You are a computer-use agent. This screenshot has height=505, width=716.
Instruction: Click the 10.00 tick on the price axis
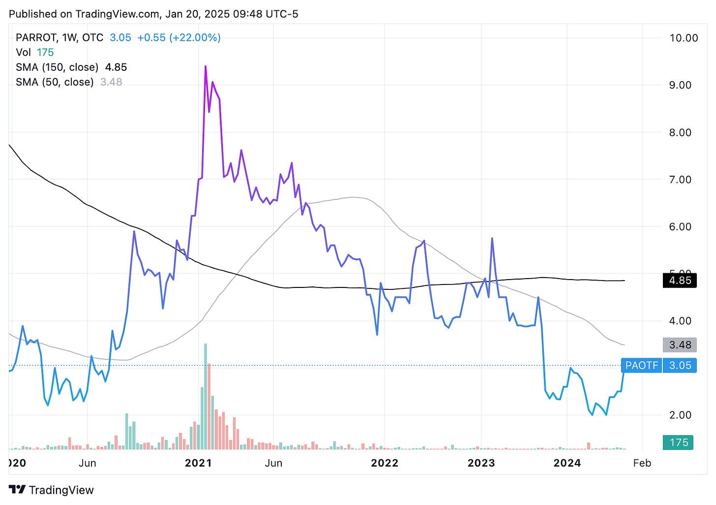[x=684, y=38]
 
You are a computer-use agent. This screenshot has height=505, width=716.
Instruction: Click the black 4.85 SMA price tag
[x=680, y=281]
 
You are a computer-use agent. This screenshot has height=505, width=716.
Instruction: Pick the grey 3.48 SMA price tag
[x=680, y=345]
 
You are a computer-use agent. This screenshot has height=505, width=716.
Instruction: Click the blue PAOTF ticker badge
[x=641, y=365]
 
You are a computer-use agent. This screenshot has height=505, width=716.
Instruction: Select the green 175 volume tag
[x=679, y=442]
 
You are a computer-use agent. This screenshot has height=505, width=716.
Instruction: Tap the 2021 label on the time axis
[x=198, y=463]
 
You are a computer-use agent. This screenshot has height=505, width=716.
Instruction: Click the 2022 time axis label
[x=384, y=463]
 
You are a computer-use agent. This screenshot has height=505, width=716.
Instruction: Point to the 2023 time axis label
[x=481, y=463]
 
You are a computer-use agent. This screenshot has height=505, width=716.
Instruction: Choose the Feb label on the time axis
[x=642, y=463]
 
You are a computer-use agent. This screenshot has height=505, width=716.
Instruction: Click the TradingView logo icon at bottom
[x=17, y=490]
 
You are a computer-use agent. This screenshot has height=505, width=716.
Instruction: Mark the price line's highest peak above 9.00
[x=206, y=66]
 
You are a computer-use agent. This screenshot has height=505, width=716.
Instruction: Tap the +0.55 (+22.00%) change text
[x=179, y=38]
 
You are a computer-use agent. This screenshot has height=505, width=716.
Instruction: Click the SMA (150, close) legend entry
[x=57, y=67]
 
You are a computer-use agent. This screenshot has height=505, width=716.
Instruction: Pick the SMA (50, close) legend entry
[x=55, y=82]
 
